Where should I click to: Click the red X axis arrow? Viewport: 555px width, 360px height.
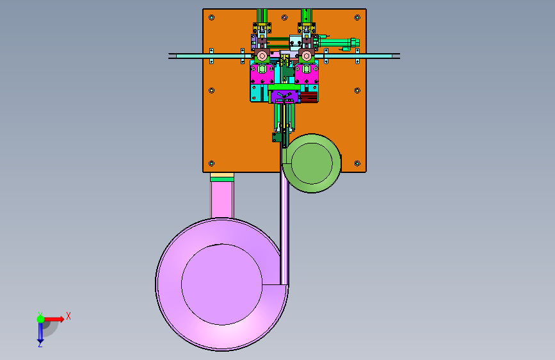point(54,319)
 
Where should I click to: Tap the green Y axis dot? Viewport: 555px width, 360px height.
point(40,319)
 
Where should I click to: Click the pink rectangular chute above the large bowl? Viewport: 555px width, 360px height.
point(222,199)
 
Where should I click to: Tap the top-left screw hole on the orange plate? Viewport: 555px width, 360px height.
point(212,18)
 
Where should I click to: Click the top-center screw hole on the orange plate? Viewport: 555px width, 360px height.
point(284,18)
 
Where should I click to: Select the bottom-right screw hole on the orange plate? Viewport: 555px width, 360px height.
point(357,163)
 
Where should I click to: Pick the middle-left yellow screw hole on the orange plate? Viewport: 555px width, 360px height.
point(212,90)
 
